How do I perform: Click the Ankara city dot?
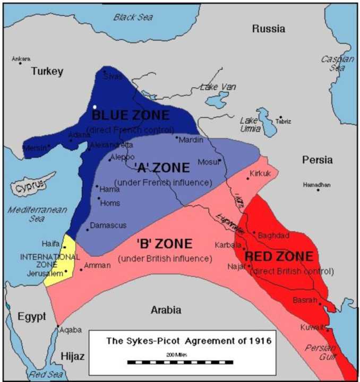[x=21, y=63]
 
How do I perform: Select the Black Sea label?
[x=132, y=17]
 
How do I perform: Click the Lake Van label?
[x=216, y=87]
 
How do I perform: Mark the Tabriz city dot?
[x=280, y=117]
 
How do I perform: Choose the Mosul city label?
[x=208, y=162]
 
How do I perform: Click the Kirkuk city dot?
[x=247, y=178]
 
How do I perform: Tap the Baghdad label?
[x=273, y=235]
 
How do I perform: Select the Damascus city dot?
[x=88, y=229]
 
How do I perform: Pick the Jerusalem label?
[x=41, y=273]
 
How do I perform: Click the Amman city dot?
[x=81, y=270]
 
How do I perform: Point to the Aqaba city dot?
[x=58, y=326]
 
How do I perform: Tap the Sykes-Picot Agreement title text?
[x=181, y=341]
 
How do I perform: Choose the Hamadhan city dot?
[x=318, y=189]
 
